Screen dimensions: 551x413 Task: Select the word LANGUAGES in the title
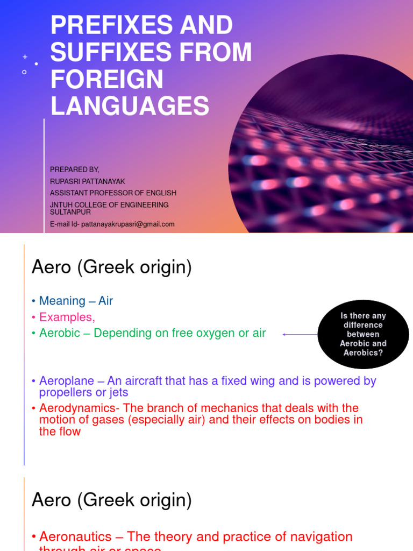130,106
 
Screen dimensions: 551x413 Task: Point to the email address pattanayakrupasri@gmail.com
127,224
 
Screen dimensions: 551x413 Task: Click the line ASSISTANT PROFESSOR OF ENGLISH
113,193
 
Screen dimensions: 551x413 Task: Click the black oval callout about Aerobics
364,334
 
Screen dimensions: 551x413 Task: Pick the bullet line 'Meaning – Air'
76,301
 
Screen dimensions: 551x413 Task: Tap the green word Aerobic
61,333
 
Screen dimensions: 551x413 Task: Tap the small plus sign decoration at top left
25,56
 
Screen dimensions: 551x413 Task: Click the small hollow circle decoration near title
24,72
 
